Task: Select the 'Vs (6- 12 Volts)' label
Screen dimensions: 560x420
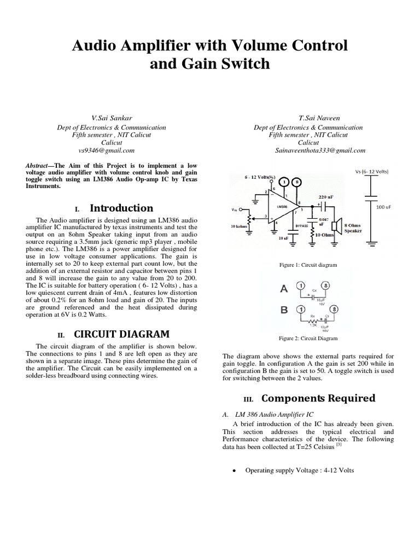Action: tap(371, 171)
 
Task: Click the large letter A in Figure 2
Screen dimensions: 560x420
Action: tap(283, 288)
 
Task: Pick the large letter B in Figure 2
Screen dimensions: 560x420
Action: tap(284, 310)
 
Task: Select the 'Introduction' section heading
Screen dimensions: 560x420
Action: tap(121, 208)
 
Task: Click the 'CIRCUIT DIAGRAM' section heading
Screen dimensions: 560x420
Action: tap(121, 334)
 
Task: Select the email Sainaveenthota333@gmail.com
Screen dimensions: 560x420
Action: tap(320, 150)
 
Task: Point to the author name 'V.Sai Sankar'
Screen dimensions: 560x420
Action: tap(112, 118)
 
